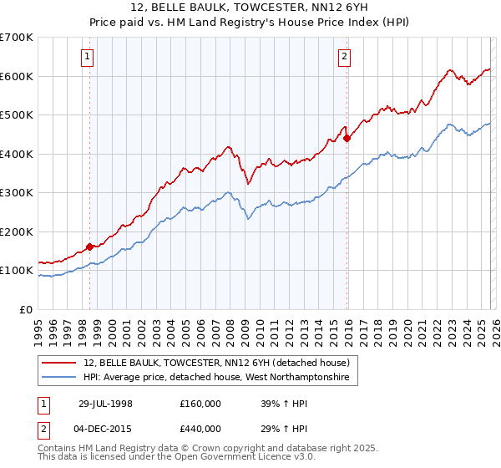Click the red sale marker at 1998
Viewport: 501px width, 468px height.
pos(90,247)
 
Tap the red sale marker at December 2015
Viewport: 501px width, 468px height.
pos(347,139)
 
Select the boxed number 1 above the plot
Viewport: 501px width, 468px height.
pos(88,57)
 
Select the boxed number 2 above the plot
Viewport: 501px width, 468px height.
pos(344,57)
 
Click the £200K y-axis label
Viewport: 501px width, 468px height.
pos(17,231)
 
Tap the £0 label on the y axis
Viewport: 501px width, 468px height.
pos(25,309)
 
